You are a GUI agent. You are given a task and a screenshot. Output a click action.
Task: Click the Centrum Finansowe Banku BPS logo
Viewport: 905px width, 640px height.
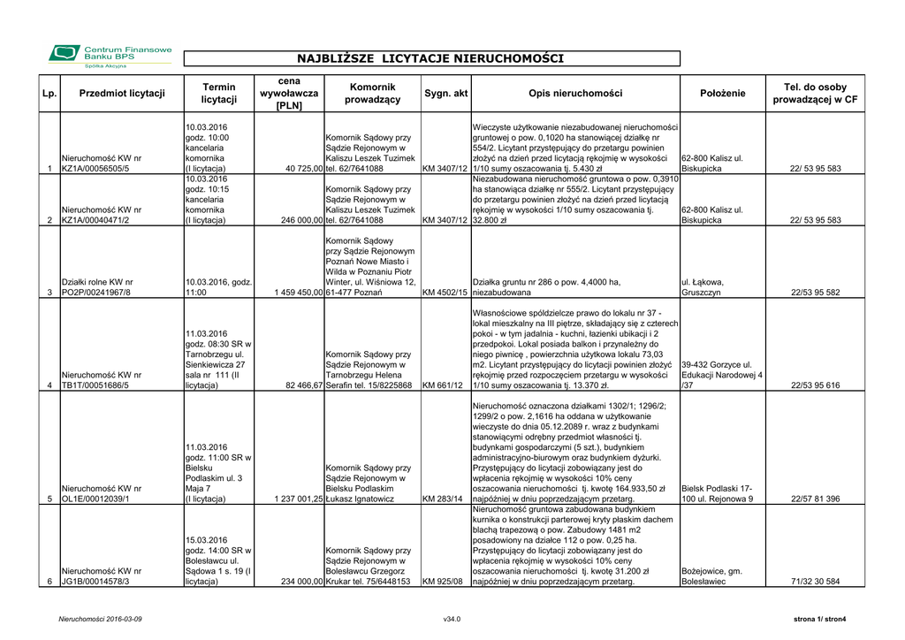(x=110, y=55)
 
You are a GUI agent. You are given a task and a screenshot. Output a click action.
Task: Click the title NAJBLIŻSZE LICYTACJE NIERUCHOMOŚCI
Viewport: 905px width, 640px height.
(x=430, y=59)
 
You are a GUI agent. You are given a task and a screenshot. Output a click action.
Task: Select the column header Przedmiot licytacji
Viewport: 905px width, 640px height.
(x=122, y=94)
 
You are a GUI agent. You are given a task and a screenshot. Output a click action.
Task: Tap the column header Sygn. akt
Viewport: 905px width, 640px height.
(x=445, y=94)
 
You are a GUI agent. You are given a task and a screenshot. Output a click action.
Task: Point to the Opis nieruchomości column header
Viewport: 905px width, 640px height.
(x=575, y=94)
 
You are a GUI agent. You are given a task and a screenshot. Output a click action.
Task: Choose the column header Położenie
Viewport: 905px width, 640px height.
(x=722, y=94)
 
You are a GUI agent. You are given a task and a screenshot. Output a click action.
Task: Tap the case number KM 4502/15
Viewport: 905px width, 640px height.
(x=445, y=293)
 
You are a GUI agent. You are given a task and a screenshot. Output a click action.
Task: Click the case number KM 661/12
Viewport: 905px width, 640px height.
(x=443, y=385)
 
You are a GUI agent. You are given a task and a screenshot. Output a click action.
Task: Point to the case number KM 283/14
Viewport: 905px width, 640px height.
(x=443, y=499)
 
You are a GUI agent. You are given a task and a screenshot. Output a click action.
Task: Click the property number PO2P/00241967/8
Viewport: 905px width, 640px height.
(x=95, y=293)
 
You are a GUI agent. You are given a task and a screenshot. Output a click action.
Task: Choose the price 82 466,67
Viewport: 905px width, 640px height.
(x=305, y=385)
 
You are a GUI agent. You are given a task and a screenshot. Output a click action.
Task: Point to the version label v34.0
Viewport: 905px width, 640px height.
(x=452, y=619)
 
